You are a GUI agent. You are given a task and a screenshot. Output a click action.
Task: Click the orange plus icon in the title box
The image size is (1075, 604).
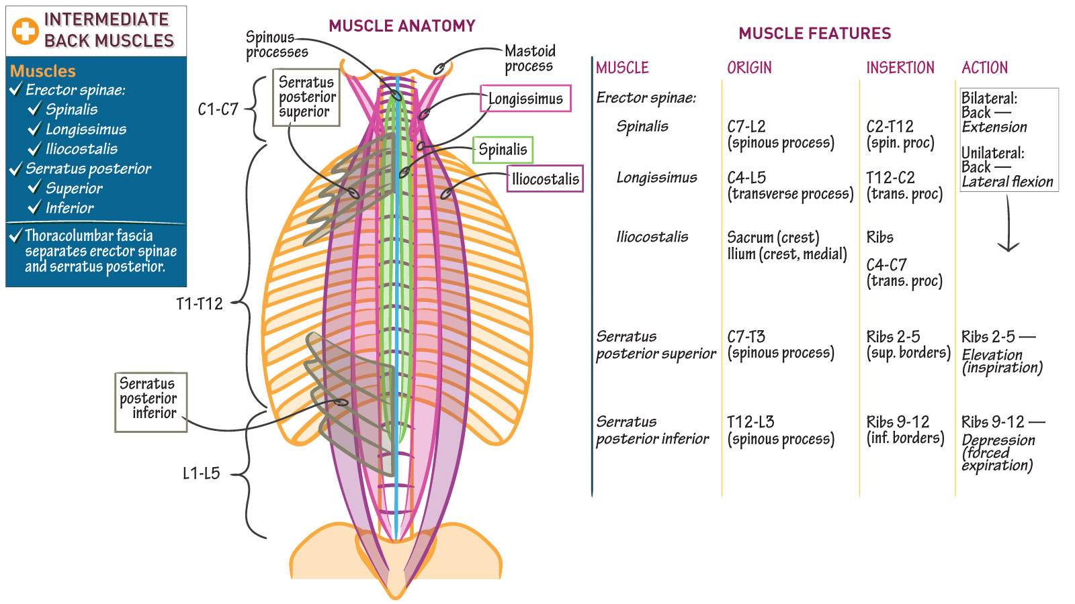(x=26, y=31)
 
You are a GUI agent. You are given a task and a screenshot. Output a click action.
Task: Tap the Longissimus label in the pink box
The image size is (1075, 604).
(x=525, y=99)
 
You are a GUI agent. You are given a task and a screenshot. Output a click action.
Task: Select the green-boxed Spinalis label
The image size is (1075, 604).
(x=503, y=150)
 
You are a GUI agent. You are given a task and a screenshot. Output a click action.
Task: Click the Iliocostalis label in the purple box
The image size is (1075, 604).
(x=545, y=179)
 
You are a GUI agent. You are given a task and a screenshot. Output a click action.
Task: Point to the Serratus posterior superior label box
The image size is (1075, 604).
(x=306, y=97)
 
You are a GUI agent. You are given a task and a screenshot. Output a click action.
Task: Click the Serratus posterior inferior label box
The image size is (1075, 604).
(x=150, y=402)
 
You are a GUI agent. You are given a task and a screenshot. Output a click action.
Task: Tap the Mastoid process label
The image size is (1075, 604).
(x=529, y=58)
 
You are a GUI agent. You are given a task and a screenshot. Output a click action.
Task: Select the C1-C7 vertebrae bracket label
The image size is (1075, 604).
(x=218, y=109)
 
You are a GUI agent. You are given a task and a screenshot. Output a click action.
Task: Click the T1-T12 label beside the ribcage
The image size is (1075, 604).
(x=199, y=304)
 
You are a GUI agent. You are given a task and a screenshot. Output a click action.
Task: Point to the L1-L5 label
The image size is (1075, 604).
(x=201, y=474)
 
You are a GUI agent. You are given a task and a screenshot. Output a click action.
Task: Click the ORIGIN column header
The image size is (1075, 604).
(x=749, y=68)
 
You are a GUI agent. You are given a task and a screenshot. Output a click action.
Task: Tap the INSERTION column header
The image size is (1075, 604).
(x=900, y=68)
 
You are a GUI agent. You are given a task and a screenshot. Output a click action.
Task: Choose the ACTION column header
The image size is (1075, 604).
(x=984, y=68)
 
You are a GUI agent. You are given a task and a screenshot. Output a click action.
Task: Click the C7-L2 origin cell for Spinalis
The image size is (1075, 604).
(x=746, y=127)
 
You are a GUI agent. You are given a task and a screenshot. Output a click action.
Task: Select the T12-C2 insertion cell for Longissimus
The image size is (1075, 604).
(x=890, y=178)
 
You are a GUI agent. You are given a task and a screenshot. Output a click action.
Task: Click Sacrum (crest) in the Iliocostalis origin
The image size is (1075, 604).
(x=773, y=238)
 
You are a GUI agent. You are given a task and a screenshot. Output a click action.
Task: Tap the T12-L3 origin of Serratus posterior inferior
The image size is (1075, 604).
(x=750, y=422)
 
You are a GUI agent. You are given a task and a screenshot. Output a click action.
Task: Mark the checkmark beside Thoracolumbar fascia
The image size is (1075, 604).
(x=15, y=236)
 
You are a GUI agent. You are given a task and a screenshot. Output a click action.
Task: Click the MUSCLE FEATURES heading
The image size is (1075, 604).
(x=814, y=34)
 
